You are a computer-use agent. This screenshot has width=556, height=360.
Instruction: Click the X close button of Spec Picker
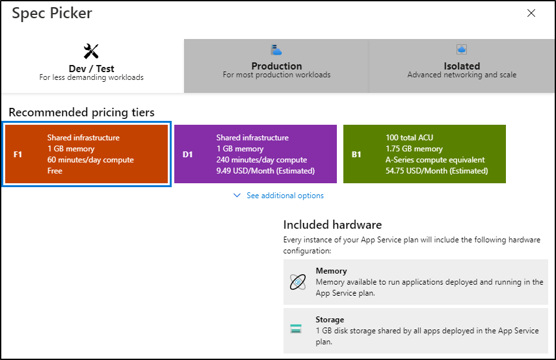(x=531, y=13)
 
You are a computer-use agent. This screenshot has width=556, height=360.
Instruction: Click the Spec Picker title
(x=52, y=13)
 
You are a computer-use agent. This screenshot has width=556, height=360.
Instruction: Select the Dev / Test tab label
(x=91, y=68)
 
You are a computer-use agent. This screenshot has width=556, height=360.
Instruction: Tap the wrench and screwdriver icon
(x=91, y=51)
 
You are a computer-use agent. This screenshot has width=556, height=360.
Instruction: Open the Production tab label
(x=276, y=66)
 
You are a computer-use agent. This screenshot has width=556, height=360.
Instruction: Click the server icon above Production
(x=276, y=50)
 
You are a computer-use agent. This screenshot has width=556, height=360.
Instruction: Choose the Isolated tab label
(x=462, y=66)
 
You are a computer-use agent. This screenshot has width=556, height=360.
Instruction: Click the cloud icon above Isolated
(x=462, y=49)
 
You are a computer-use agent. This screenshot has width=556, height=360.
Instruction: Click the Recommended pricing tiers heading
(x=81, y=112)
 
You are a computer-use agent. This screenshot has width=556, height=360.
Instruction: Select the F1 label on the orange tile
(x=18, y=155)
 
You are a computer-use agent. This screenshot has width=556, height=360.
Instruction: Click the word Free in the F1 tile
(x=55, y=171)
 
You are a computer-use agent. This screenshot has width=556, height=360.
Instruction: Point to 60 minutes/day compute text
(x=90, y=160)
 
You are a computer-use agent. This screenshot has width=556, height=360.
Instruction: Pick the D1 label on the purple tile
(x=187, y=155)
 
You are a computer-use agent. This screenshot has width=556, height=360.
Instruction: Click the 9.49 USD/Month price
(x=265, y=171)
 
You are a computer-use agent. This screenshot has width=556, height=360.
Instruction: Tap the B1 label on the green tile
(x=356, y=155)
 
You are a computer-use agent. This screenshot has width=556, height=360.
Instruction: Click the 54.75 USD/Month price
(x=436, y=171)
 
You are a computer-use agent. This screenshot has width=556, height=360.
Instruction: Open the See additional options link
(x=284, y=196)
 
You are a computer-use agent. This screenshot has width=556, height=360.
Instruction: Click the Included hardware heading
(x=332, y=225)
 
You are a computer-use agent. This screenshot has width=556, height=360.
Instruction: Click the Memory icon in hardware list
(x=297, y=281)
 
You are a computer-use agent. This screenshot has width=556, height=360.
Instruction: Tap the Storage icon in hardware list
(x=297, y=329)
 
